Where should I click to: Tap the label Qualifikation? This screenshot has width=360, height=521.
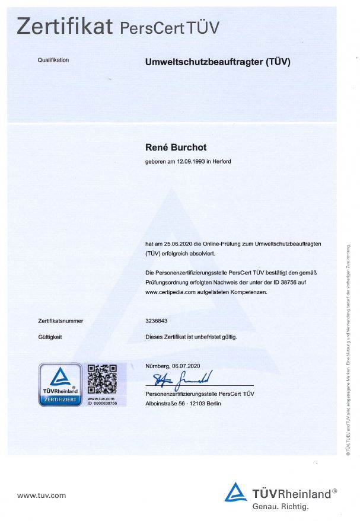pyautogui.click(x=53, y=60)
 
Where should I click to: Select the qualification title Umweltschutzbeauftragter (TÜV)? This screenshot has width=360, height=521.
pyautogui.click(x=218, y=61)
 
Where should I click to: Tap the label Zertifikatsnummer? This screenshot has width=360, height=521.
pyautogui.click(x=60, y=321)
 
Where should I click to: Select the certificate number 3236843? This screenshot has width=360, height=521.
pyautogui.click(x=157, y=321)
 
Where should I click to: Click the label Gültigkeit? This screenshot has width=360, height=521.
pyautogui.click(x=50, y=337)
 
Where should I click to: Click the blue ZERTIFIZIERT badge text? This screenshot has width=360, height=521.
pyautogui.click(x=60, y=400)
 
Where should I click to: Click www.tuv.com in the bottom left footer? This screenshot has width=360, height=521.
pyautogui.click(x=42, y=496)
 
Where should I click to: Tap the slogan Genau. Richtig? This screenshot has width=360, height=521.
pyautogui.click(x=281, y=507)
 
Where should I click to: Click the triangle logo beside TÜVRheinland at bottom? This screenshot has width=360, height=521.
pyautogui.click(x=235, y=493)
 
